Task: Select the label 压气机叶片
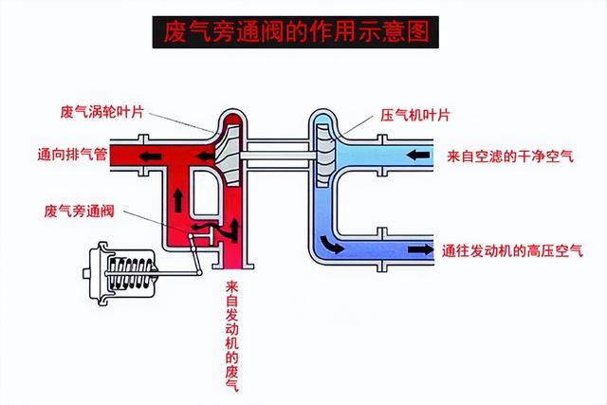tap(414, 114)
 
